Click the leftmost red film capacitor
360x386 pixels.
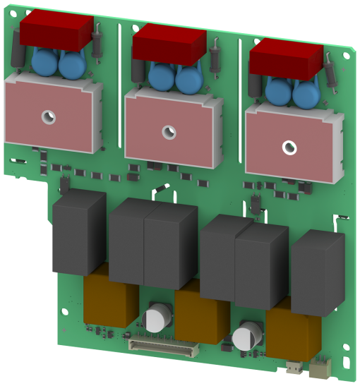56,32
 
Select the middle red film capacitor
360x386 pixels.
169,43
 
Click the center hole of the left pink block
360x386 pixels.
48,117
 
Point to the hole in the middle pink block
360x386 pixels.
167,131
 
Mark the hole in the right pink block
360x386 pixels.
289,147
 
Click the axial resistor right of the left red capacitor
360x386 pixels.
99,39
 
